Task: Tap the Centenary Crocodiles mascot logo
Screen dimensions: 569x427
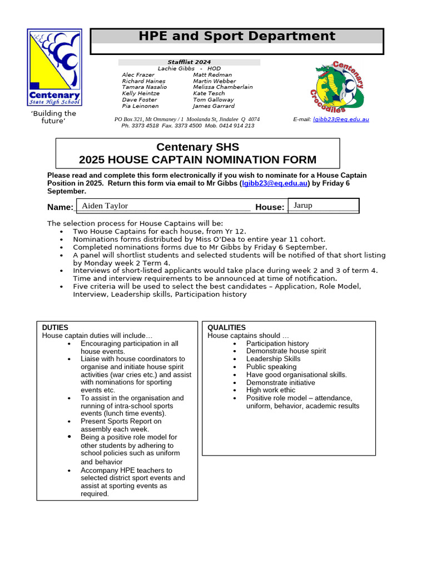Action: (x=339, y=86)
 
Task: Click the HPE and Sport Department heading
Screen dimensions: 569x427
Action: (x=237, y=37)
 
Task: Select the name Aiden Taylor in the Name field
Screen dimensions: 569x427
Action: (x=105, y=206)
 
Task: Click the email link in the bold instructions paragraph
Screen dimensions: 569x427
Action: (x=275, y=183)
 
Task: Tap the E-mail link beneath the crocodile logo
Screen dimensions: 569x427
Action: (x=341, y=119)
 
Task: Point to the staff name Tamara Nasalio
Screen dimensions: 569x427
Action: (x=144, y=87)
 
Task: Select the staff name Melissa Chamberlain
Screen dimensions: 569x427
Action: (x=222, y=87)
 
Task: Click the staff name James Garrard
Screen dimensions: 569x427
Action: (x=213, y=106)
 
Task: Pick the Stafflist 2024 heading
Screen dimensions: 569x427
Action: (x=189, y=62)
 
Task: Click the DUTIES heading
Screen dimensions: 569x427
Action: (x=56, y=328)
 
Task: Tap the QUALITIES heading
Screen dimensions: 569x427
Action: (x=226, y=328)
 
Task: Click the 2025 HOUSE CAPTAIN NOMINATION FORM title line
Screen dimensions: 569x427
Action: (x=197, y=160)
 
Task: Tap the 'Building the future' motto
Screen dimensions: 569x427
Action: (x=53, y=117)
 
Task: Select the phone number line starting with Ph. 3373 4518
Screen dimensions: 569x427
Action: (x=187, y=126)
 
